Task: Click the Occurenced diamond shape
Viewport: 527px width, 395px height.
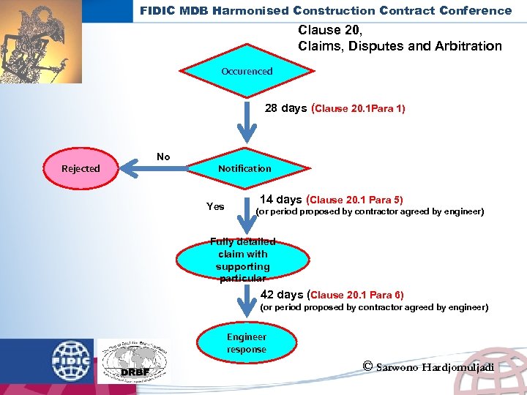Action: coord(247,71)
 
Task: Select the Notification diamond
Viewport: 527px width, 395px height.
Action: coord(244,168)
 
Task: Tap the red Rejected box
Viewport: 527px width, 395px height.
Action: coord(81,168)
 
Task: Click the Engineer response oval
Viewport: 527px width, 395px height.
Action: coord(247,343)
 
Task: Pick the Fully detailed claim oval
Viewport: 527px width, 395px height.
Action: coord(243,260)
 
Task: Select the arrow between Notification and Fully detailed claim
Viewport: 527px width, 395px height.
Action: coord(244,216)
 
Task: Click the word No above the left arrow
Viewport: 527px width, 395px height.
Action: coord(163,157)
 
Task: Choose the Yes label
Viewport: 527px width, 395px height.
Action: coord(215,206)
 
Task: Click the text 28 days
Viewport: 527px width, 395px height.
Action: coord(285,108)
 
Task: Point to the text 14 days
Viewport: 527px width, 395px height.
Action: coord(281,199)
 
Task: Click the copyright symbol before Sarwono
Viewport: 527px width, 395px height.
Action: coord(367,366)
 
